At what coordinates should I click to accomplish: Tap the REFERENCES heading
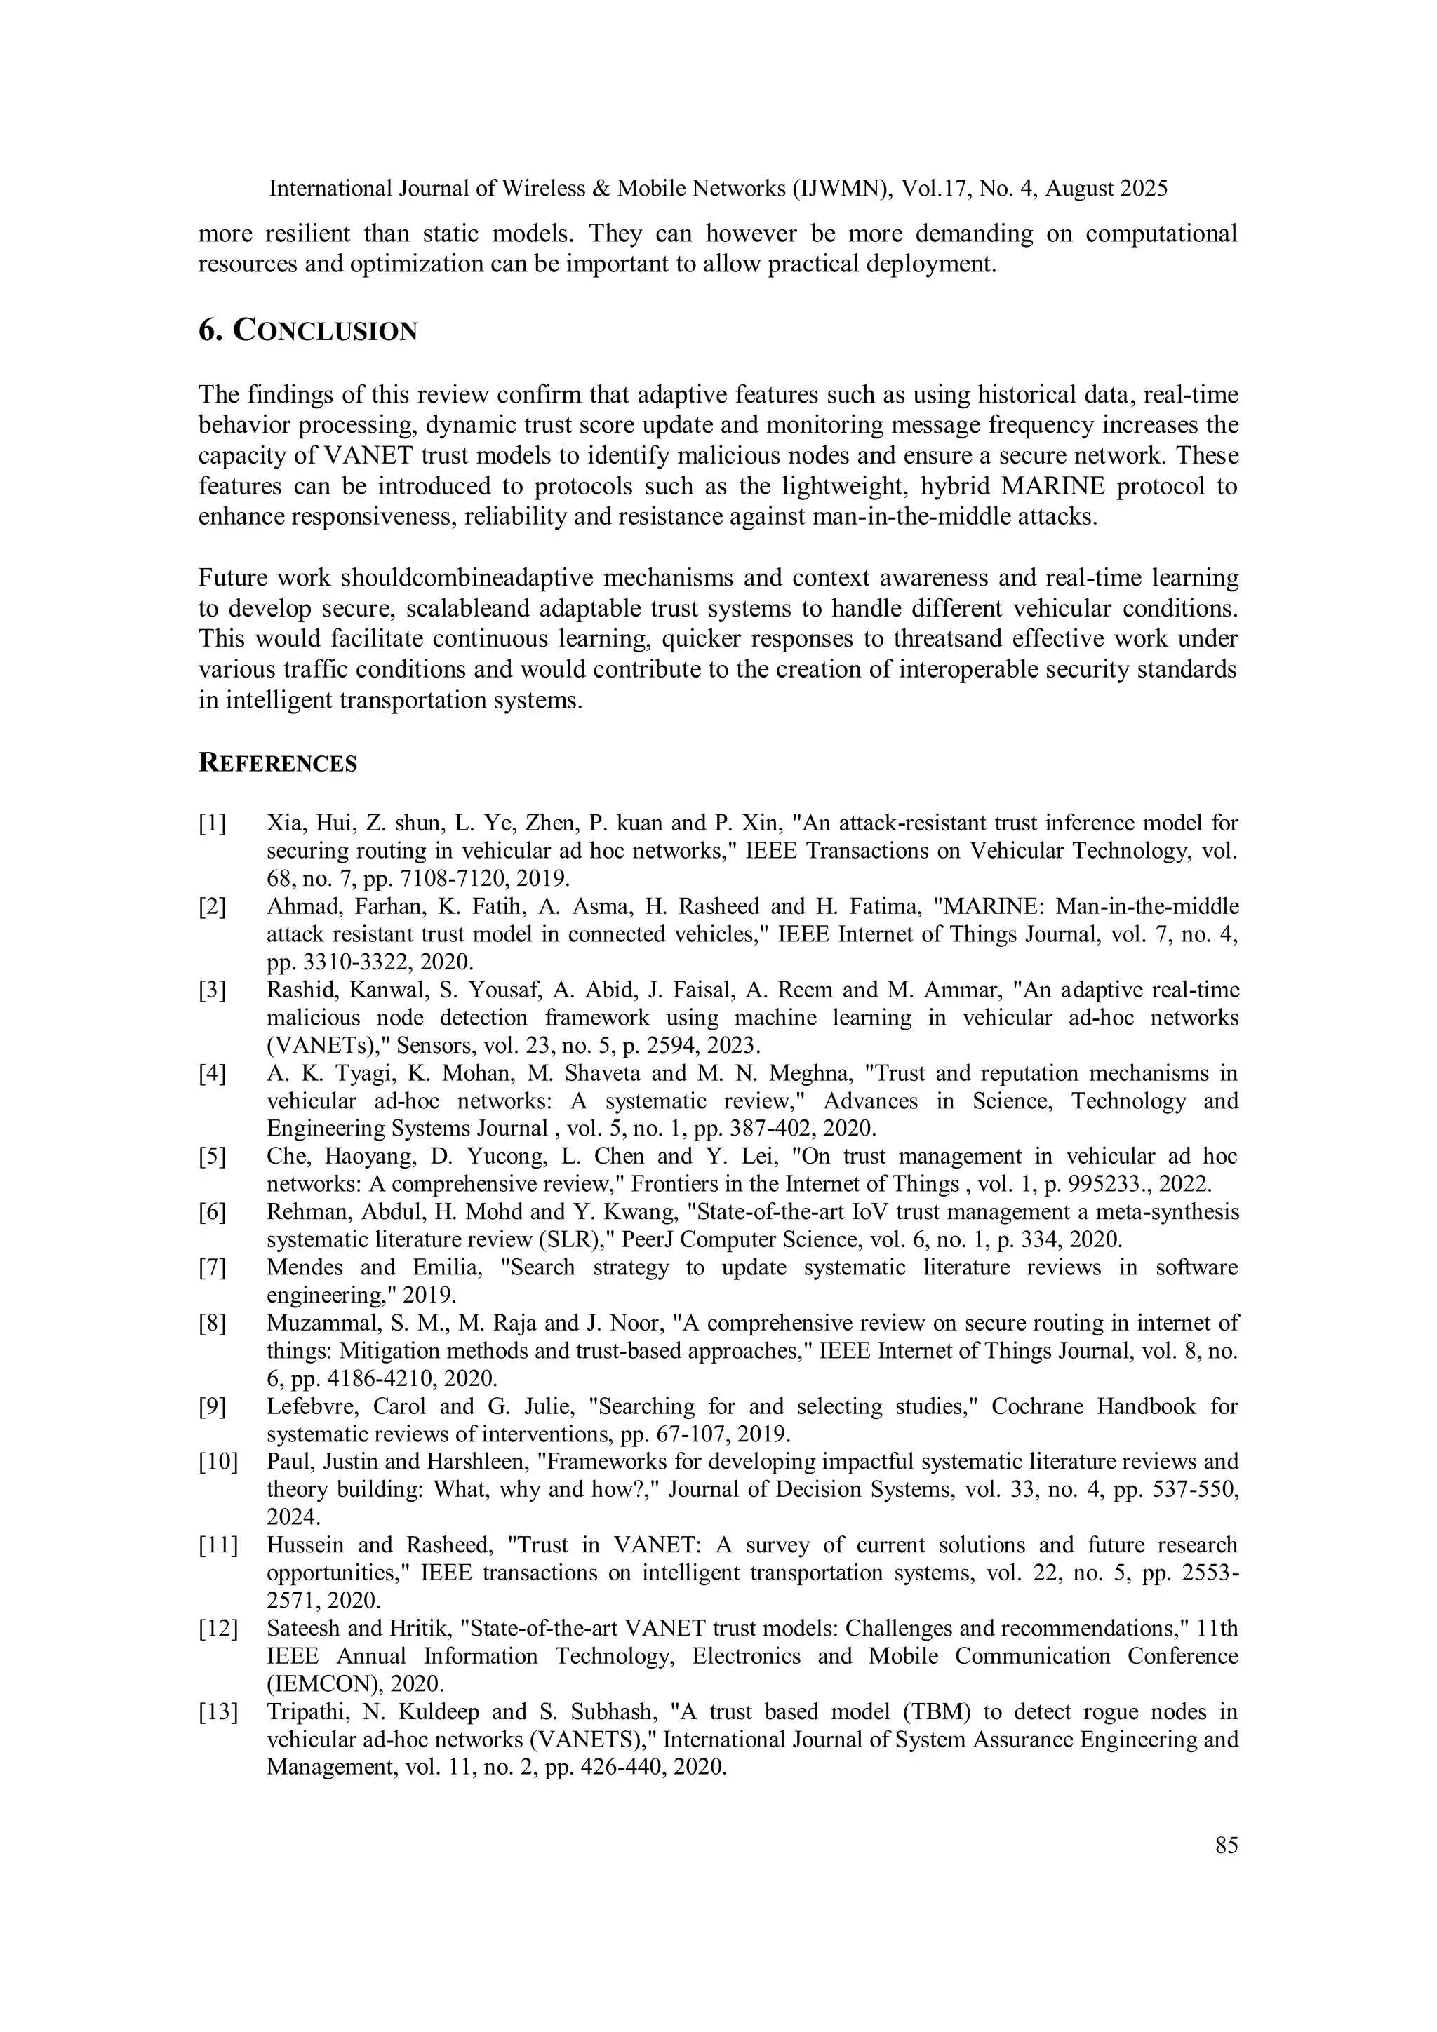point(277,763)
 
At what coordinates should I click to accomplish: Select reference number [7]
point(212,1268)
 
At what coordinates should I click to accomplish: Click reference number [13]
point(218,1713)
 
